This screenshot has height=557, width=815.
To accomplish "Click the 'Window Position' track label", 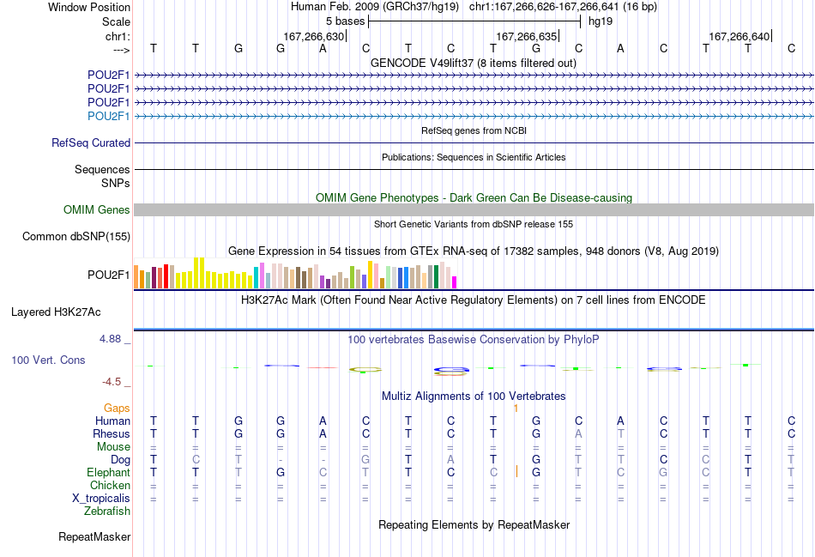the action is tap(89, 7).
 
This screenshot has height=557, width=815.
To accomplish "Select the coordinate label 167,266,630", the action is tap(313, 36).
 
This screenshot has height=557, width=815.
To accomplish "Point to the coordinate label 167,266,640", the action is tap(739, 36).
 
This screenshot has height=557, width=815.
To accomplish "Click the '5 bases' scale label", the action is tap(345, 21).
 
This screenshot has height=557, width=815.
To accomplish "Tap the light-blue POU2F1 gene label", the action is tap(109, 116).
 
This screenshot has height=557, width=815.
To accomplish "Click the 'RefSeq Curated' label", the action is tap(91, 142).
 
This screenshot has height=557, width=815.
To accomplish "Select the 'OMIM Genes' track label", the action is tap(97, 209).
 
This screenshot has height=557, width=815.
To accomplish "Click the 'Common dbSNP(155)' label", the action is tap(76, 237).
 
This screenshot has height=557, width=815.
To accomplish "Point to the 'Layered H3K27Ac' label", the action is tap(56, 312).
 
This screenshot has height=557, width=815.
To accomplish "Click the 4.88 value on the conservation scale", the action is tap(110, 339).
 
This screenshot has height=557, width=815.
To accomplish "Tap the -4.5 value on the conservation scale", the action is tap(112, 382).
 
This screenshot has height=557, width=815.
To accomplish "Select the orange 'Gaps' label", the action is tap(117, 409).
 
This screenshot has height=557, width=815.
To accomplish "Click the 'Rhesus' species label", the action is tap(112, 433).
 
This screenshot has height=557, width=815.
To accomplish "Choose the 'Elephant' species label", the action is tap(108, 472).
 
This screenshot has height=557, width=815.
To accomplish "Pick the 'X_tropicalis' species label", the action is tap(101, 499).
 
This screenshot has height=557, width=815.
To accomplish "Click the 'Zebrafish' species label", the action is tap(107, 512).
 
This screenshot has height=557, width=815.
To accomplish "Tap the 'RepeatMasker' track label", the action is tap(94, 536).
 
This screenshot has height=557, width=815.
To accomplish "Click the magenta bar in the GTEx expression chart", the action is tap(455, 282).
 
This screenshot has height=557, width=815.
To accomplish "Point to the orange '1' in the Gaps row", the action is tap(516, 409).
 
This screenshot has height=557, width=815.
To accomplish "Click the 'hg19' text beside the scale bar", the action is tap(601, 21).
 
